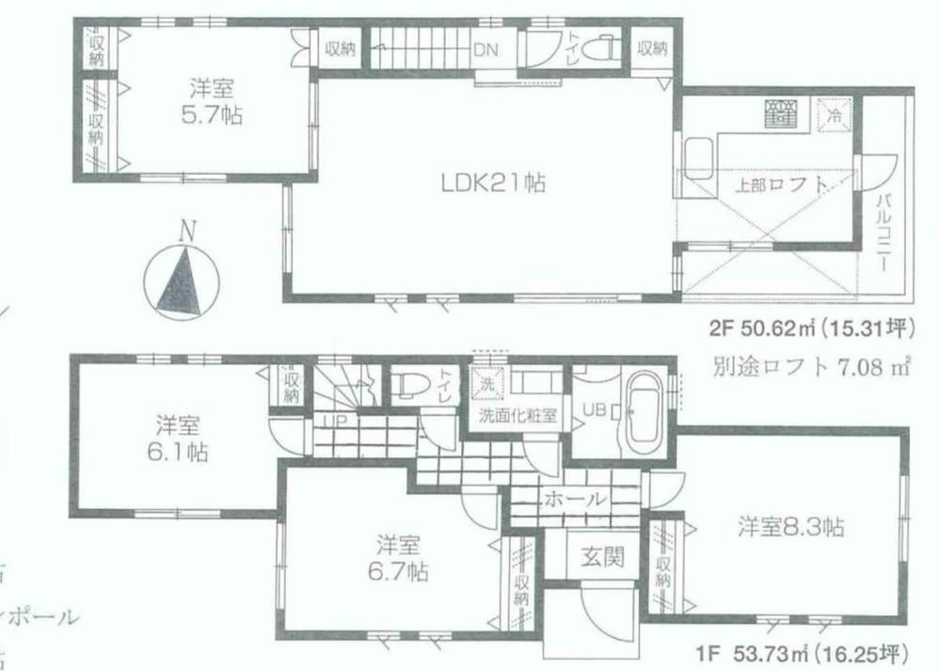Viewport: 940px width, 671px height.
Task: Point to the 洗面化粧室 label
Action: point(516,415)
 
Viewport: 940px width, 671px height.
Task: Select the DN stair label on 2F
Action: point(486,49)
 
